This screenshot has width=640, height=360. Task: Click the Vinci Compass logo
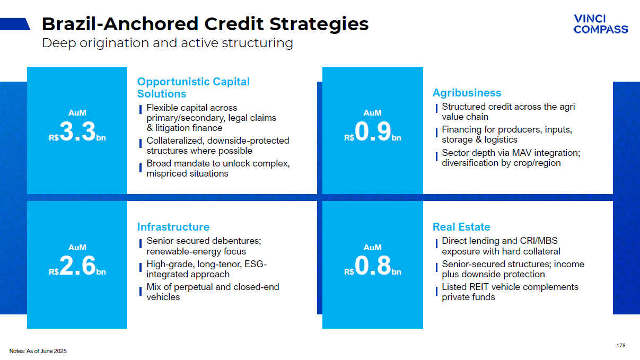pos(601,24)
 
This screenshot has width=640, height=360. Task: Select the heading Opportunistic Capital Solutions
pos(194,87)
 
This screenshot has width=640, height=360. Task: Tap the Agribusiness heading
pos(467,93)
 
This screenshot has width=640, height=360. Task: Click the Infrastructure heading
pos(173,227)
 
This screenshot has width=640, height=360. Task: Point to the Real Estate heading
pos(461,227)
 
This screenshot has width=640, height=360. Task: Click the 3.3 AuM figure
pos(77,131)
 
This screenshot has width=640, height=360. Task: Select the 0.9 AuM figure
pos(373,131)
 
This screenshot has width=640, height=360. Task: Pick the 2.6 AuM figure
pos(77,266)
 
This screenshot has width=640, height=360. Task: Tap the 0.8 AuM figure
pos(373,266)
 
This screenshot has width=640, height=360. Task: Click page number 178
pos(621,346)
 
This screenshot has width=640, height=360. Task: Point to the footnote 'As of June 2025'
pos(46,351)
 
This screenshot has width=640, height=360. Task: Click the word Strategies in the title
pos(319,24)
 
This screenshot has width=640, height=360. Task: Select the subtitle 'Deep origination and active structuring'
pos(168,43)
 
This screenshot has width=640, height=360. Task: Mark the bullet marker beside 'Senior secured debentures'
pos(141,244)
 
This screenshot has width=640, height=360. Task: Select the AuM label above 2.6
pos(77,248)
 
